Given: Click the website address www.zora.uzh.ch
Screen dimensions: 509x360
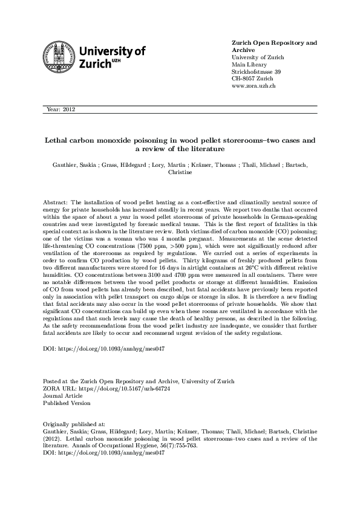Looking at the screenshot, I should [254, 86].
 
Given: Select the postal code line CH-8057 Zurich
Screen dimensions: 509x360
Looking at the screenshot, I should [252, 79].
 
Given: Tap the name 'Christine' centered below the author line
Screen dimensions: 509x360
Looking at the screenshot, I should [180, 172].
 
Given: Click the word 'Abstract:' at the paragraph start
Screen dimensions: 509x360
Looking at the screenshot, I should [56, 201].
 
